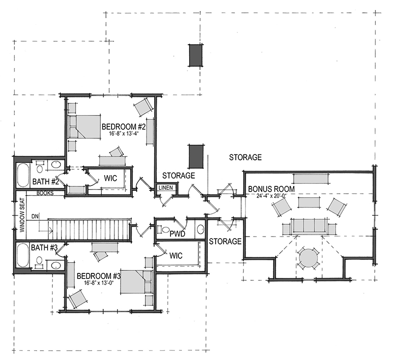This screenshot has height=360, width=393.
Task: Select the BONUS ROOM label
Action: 271,189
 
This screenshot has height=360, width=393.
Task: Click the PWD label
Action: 177,234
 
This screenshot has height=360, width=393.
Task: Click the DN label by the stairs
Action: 35,216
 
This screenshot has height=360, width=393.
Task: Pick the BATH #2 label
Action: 46,181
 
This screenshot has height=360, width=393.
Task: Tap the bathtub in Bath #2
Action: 23,175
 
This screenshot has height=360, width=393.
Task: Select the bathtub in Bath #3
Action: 23,256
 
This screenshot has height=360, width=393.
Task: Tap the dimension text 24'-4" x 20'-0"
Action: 271,196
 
